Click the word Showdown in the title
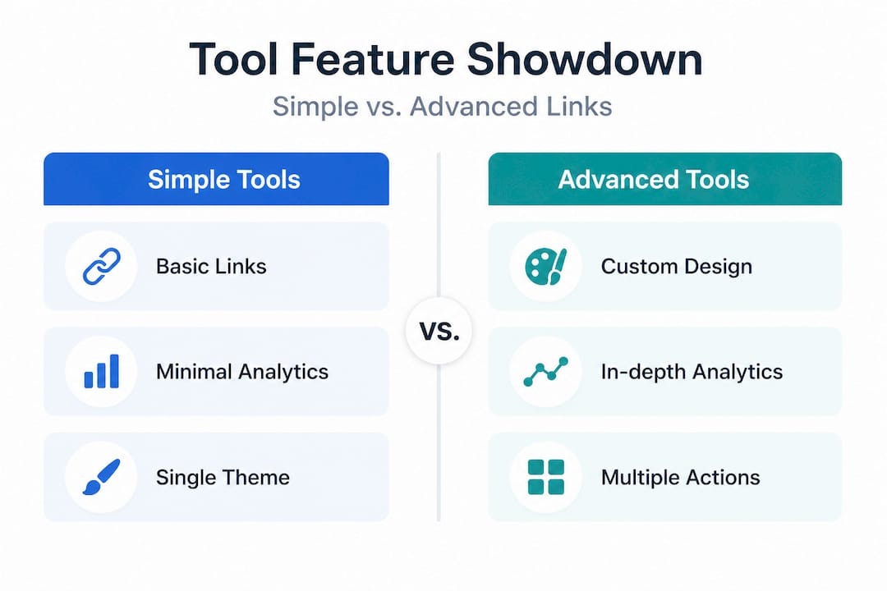(585, 59)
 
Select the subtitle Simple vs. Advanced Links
(443, 107)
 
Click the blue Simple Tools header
(216, 179)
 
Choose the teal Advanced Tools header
(664, 179)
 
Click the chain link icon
(102, 266)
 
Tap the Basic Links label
(211, 267)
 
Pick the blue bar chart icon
(102, 371)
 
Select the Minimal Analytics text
(242, 372)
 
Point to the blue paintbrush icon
(102, 477)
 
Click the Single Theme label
(223, 478)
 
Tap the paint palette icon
(545, 266)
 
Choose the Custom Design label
(677, 267)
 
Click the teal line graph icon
(546, 372)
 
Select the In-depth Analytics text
(692, 372)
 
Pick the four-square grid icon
(546, 477)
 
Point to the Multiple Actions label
(681, 478)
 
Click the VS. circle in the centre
(439, 331)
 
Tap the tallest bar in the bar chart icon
(114, 371)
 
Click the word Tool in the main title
(233, 59)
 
